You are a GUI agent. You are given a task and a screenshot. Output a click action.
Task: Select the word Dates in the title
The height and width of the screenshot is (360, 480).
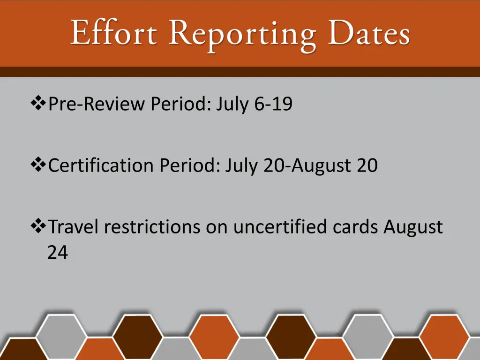[x=369, y=34]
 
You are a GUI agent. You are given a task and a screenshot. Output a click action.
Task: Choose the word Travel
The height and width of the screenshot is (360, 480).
[x=73, y=227]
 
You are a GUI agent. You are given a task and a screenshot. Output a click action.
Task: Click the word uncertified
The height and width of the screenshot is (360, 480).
[x=280, y=227]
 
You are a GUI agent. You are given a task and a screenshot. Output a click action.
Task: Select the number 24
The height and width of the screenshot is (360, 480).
[x=58, y=253]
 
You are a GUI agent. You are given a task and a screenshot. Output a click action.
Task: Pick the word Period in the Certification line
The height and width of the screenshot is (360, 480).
[x=189, y=165]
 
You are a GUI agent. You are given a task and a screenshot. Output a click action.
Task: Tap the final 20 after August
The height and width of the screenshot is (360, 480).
[x=367, y=165]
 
